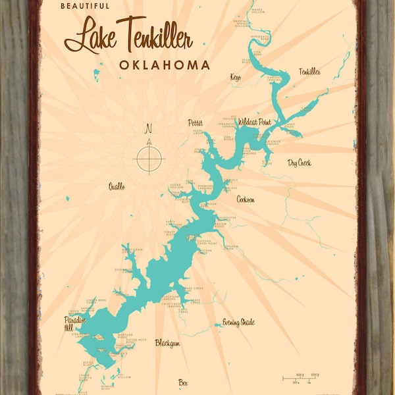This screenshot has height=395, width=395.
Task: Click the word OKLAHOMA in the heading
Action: click(x=165, y=65)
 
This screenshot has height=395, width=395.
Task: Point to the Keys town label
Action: click(x=236, y=78)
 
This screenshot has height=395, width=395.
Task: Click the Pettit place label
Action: click(x=196, y=122)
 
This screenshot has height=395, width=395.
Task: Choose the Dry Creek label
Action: click(x=300, y=163)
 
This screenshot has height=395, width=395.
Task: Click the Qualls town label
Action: click(x=117, y=186)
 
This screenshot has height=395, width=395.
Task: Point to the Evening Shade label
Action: click(x=238, y=322)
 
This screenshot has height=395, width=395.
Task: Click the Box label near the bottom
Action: click(x=183, y=381)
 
